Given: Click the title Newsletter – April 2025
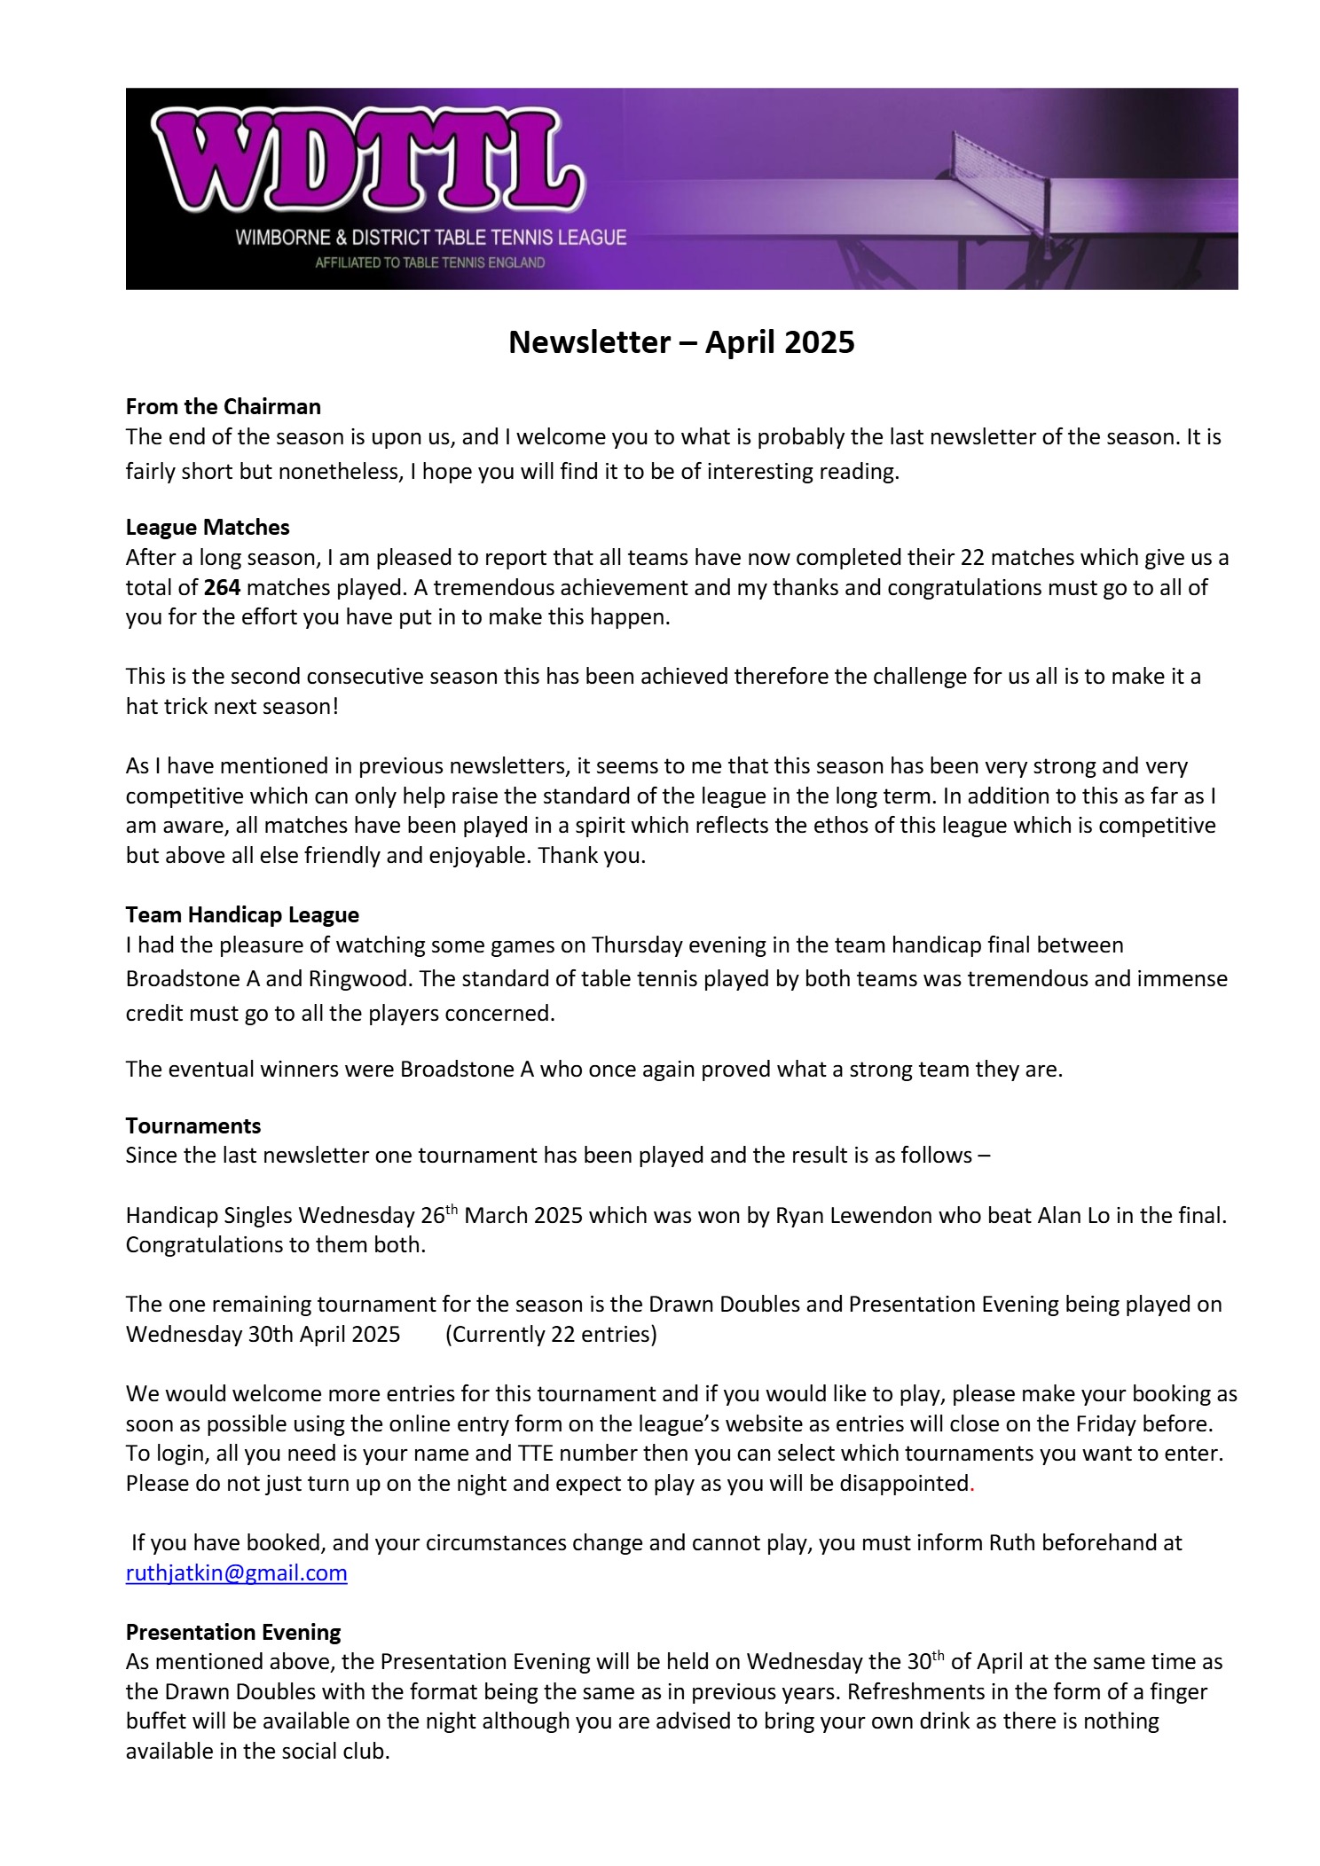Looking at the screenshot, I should click(680, 342).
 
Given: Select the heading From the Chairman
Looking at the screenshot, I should click(223, 407).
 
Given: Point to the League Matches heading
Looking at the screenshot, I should click(208, 528).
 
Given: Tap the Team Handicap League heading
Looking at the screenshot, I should click(242, 915).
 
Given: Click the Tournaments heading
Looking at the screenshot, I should click(193, 1126).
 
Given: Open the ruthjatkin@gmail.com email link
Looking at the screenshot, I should click(236, 1574).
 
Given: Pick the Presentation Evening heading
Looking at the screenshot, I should click(233, 1633).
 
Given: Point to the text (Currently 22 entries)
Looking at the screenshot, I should click(551, 1335).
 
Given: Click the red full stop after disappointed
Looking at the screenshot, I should click(972, 1485).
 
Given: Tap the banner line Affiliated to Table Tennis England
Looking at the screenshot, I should click(429, 263).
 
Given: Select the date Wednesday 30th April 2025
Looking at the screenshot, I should click(263, 1335).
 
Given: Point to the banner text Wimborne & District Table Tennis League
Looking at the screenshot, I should click(430, 238).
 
